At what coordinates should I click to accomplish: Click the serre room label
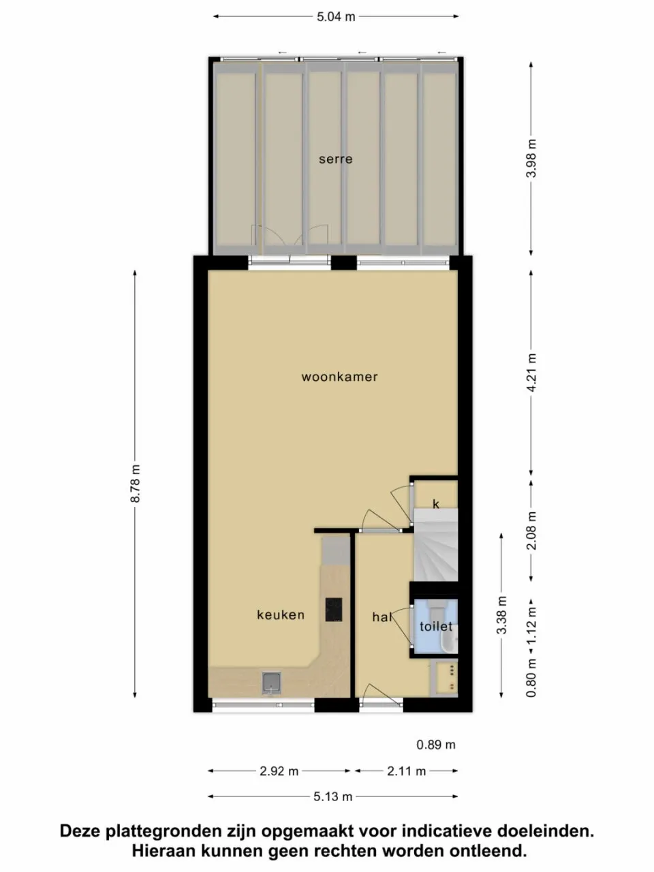pos(335,159)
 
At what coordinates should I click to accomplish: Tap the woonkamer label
pos(339,377)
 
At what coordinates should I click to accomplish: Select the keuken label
pos(280,615)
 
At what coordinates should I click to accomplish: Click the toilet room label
pos(436,626)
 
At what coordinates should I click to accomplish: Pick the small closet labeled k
pos(436,504)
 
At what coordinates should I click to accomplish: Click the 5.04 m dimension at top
pos(335,16)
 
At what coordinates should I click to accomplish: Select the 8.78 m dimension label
pos(135,483)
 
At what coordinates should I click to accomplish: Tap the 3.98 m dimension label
pos(532,159)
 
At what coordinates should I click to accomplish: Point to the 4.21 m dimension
pos(532,371)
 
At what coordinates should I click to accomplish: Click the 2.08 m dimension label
pos(532,531)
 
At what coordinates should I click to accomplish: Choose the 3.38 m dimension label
pos(502,615)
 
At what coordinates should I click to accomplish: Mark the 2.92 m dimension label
pos(279,771)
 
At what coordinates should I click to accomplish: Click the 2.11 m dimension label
pos(406,771)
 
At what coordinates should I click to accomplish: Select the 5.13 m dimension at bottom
pos(333,796)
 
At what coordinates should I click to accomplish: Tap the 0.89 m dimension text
pos(436,745)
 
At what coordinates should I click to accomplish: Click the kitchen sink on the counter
pos(271,682)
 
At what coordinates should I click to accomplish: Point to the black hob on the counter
pos(334,609)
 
